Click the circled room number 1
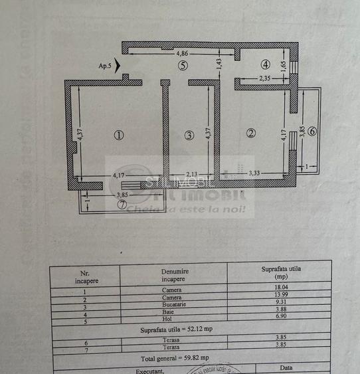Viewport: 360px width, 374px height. tap(118, 135)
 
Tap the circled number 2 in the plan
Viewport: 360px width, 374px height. tap(250, 133)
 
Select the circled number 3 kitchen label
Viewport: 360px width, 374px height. tap(189, 136)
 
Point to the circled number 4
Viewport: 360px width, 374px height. tap(265, 65)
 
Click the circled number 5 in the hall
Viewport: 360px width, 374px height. tap(183, 65)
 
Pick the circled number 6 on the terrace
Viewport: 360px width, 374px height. tap(312, 131)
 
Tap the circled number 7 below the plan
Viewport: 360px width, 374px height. tap(122, 205)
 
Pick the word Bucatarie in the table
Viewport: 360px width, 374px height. tap(171, 305)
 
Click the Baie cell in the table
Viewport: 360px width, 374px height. tap(171, 312)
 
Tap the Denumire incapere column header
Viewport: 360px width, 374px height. tap(175, 275)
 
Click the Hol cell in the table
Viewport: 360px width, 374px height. tap(171, 320)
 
